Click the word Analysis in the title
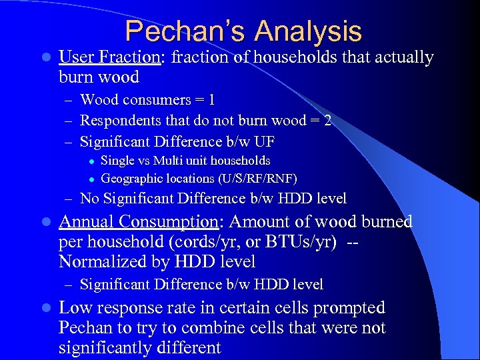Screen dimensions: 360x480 tap(308, 31)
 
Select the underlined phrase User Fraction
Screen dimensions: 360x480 tap(110, 57)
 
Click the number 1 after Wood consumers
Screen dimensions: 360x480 tap(211, 100)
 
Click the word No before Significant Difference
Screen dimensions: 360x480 tap(89, 198)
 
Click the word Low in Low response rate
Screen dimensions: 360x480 tap(75, 308)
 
